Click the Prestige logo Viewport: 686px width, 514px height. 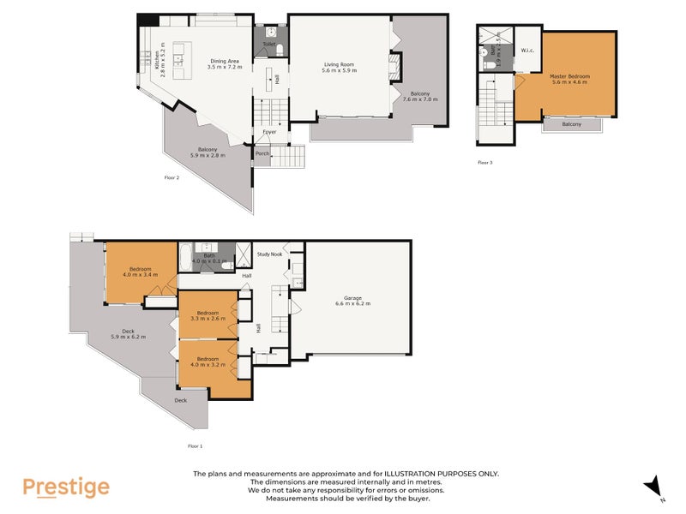(x=66, y=487)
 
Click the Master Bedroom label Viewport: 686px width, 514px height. (x=569, y=76)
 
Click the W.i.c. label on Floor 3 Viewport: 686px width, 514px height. (x=527, y=51)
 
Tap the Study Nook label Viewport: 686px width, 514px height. (x=269, y=254)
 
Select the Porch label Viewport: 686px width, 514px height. (x=262, y=154)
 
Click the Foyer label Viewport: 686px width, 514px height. (x=269, y=133)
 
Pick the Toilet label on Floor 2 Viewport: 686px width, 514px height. (x=268, y=44)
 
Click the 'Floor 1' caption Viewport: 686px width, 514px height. (x=195, y=445)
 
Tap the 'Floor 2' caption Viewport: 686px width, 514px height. (x=171, y=177)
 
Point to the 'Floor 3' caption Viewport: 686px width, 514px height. (x=485, y=162)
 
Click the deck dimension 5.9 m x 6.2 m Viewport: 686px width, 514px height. (x=129, y=337)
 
